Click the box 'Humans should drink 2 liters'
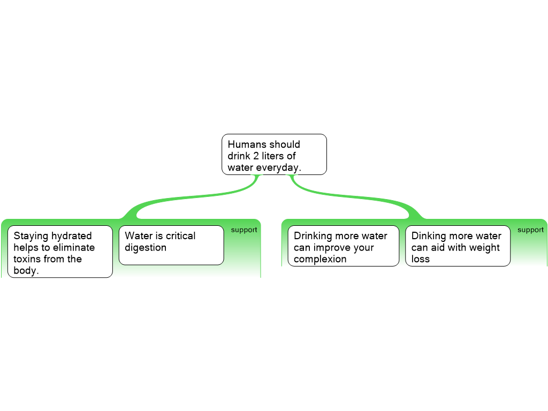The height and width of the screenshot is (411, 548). (274, 154)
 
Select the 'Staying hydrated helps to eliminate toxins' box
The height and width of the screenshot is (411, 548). (60, 252)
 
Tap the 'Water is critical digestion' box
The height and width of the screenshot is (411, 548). (171, 245)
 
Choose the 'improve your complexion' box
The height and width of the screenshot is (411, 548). (343, 246)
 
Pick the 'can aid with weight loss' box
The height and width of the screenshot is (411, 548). (458, 246)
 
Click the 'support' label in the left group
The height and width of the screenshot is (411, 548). (244, 230)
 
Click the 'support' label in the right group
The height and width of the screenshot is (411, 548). (530, 230)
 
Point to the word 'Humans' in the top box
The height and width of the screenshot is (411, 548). (247, 144)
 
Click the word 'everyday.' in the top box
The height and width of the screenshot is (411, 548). (279, 168)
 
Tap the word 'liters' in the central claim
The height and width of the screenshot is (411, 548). (275, 156)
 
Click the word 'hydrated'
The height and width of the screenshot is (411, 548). (72, 236)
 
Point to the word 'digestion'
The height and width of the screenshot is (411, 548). (146, 248)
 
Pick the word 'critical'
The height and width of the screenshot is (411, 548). (180, 236)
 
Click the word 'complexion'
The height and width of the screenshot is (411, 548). (320, 260)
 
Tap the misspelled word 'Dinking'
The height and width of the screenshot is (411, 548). (429, 236)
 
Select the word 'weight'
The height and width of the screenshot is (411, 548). (482, 248)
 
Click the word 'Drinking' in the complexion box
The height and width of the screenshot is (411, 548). (313, 236)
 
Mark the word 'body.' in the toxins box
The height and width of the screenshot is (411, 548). (26, 271)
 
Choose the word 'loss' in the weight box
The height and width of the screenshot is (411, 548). (421, 260)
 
